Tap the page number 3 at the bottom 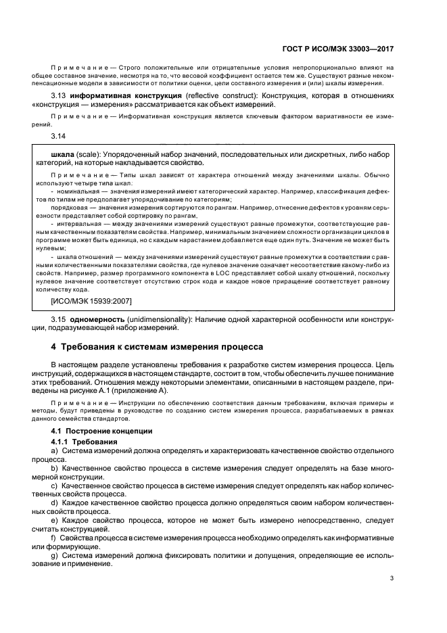click(x=392, y=578)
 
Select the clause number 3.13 click(x=58, y=96)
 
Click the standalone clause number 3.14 click(x=58, y=137)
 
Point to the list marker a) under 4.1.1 click(x=54, y=450)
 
